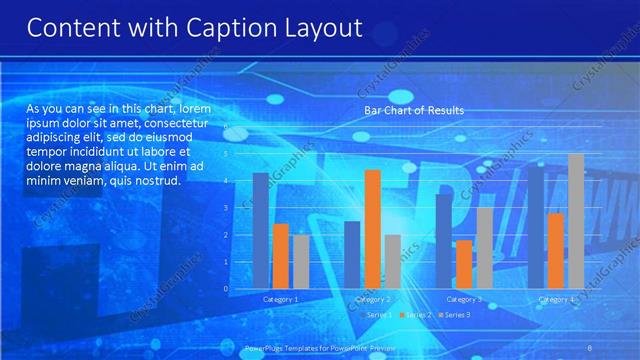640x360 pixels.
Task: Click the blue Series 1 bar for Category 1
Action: pyautogui.click(x=260, y=230)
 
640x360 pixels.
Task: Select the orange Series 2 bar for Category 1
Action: pyautogui.click(x=281, y=256)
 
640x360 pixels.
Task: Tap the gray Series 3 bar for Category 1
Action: pyautogui.click(x=301, y=261)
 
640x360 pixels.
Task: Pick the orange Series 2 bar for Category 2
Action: pyautogui.click(x=372, y=229)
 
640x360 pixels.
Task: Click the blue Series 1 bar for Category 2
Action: pyautogui.click(x=352, y=255)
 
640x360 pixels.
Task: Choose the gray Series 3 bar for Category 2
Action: pyautogui.click(x=392, y=261)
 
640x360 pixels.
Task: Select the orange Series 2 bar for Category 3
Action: pyautogui.click(x=464, y=264)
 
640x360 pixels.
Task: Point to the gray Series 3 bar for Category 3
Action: pyautogui.click(x=484, y=248)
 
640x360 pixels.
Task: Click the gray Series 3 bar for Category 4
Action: pyautogui.click(x=576, y=221)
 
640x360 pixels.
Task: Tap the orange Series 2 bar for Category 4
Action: pyautogui.click(x=555, y=250)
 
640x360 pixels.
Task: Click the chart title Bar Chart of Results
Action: pyautogui.click(x=414, y=110)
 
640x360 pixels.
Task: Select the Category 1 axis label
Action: pyautogui.click(x=281, y=299)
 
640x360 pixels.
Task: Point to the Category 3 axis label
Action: pyautogui.click(x=464, y=299)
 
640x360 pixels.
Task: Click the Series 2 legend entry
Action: pyautogui.click(x=418, y=315)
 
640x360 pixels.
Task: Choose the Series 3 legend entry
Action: pyautogui.click(x=456, y=315)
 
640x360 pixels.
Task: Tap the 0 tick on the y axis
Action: pyautogui.click(x=226, y=289)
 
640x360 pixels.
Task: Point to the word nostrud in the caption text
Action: pyautogui.click(x=156, y=182)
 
